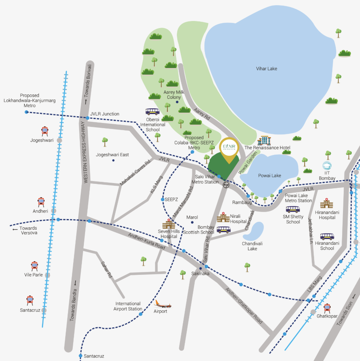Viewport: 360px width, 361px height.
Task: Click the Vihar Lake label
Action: point(267,69)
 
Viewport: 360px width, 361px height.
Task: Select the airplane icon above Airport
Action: point(162,304)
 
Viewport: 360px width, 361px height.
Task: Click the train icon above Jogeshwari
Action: point(45,131)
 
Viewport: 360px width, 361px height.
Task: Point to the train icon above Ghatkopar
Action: point(327,308)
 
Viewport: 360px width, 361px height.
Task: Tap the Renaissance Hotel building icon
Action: point(264,140)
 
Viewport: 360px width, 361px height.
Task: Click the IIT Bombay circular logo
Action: point(327,166)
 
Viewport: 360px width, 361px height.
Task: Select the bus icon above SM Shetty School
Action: point(293,209)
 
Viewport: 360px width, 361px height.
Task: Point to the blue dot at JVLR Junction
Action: point(87,118)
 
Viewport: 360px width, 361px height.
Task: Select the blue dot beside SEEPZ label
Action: point(163,199)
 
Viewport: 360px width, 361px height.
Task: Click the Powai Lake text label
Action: point(269,176)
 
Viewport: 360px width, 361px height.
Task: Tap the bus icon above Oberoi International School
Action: point(152,112)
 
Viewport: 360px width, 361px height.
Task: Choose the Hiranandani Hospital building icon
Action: point(327,203)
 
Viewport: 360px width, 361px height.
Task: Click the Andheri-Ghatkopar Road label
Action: point(244,306)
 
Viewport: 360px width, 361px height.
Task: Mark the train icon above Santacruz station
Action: point(30,300)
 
